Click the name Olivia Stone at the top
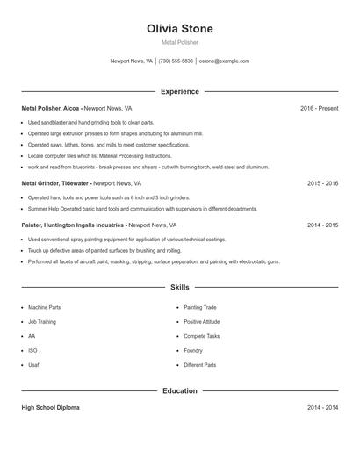pyautogui.click(x=180, y=29)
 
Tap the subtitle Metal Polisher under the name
pyautogui.click(x=180, y=42)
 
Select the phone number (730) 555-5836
pyautogui.click(x=176, y=61)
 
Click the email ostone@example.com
pyautogui.click(x=224, y=61)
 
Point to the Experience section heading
pyautogui.click(x=180, y=91)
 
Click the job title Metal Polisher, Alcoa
pyautogui.click(x=49, y=108)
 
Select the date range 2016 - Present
pyautogui.click(x=319, y=108)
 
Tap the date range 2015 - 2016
pyautogui.click(x=322, y=183)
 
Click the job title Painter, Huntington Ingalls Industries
pyautogui.click(x=73, y=225)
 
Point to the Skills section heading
pyautogui.click(x=180, y=287)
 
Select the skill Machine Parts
pyautogui.click(x=44, y=308)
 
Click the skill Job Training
pyautogui.click(x=41, y=322)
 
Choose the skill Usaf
pyautogui.click(x=33, y=364)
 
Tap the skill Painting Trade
pyautogui.click(x=200, y=308)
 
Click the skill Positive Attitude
pyautogui.click(x=203, y=322)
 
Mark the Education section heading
pyautogui.click(x=180, y=390)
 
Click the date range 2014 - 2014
pyautogui.click(x=322, y=408)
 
